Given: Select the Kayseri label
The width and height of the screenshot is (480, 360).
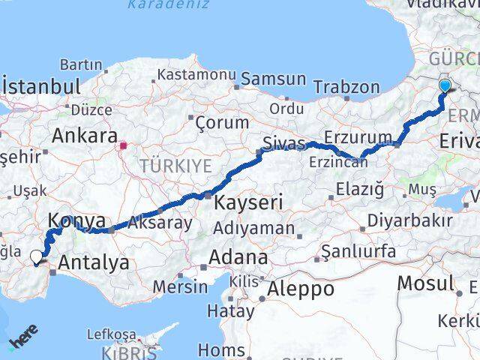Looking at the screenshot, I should click(x=247, y=202).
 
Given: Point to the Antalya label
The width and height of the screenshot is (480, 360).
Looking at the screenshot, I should click(x=93, y=263).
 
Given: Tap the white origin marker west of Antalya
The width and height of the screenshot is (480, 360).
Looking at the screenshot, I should click(x=37, y=257).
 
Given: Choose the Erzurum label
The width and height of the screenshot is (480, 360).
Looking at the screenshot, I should click(x=364, y=137).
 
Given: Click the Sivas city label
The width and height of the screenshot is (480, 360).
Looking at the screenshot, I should click(x=284, y=142).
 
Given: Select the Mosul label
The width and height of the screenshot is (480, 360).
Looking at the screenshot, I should click(x=425, y=283).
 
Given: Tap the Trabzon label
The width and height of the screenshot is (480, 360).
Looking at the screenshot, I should click(x=347, y=87).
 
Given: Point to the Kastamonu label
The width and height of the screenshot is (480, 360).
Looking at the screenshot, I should click(x=196, y=74).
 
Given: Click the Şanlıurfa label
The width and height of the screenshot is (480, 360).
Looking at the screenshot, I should click(x=358, y=251).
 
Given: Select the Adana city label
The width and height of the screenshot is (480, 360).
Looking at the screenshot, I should click(x=238, y=257).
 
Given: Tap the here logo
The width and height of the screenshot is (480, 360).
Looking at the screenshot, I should click(x=22, y=341).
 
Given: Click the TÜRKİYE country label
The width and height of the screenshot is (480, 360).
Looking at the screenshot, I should click(x=176, y=165).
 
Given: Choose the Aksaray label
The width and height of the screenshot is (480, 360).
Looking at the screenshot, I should click(x=160, y=223).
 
